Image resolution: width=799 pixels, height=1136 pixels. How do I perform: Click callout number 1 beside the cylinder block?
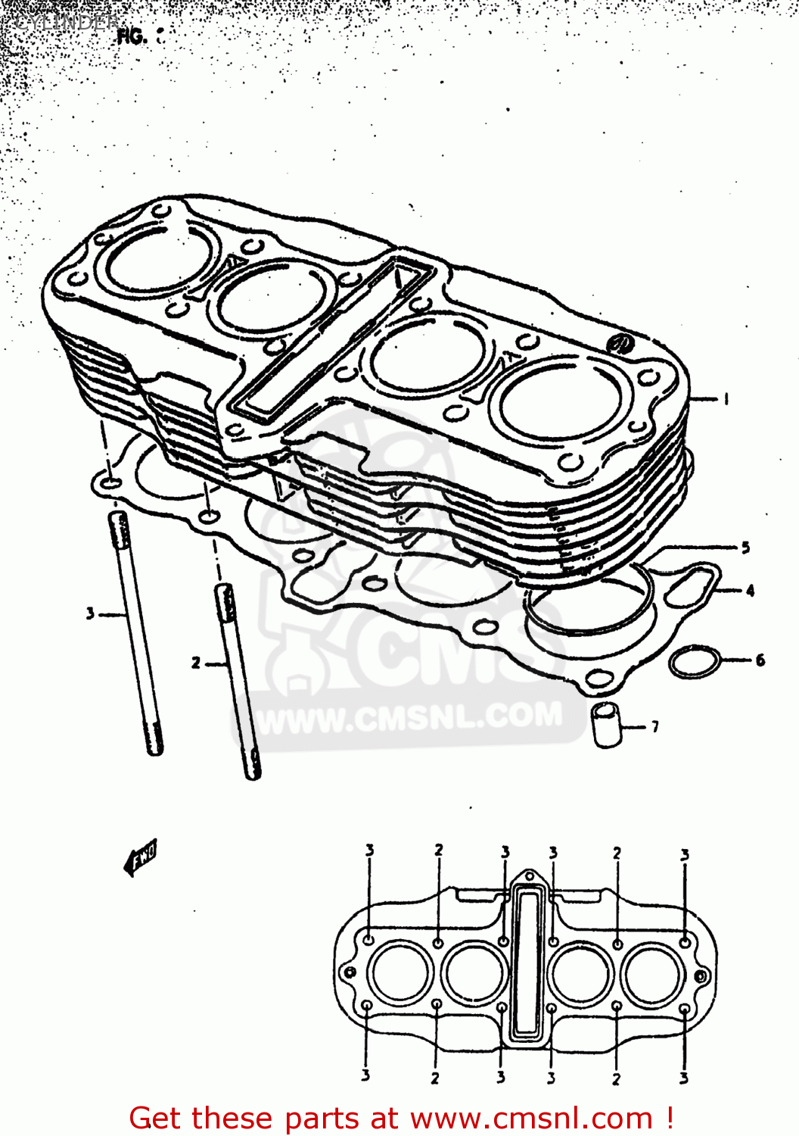click(726, 399)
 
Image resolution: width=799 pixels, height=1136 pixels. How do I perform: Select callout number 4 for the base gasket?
click(749, 590)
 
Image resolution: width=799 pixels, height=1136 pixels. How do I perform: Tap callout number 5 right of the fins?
click(745, 547)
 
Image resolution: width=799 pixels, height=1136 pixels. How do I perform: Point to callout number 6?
click(760, 660)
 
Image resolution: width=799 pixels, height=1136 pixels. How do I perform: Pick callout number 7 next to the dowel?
click(654, 727)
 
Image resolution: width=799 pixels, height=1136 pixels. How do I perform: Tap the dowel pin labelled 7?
click(607, 725)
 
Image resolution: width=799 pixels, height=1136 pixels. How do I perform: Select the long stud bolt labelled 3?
click(136, 632)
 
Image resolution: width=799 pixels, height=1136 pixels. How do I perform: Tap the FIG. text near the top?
click(132, 36)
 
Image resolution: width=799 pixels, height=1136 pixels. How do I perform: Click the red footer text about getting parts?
click(401, 1118)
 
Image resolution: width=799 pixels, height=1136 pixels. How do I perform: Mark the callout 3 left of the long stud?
click(90, 613)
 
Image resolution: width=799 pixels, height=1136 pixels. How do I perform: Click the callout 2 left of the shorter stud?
click(196, 663)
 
